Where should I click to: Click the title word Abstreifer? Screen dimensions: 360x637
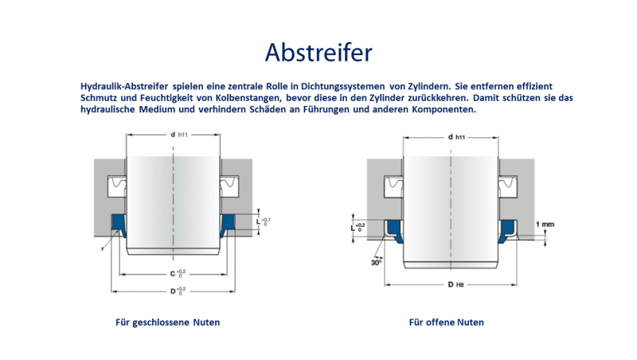(318, 52)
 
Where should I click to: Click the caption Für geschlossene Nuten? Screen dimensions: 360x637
(167, 323)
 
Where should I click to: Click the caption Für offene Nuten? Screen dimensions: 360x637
(446, 323)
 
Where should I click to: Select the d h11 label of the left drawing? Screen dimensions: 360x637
(178, 135)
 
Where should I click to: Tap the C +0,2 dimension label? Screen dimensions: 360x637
(177, 273)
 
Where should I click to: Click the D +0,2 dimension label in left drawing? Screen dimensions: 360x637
(177, 291)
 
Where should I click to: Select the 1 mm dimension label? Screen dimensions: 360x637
(545, 224)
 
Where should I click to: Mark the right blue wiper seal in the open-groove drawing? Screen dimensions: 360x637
(507, 231)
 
